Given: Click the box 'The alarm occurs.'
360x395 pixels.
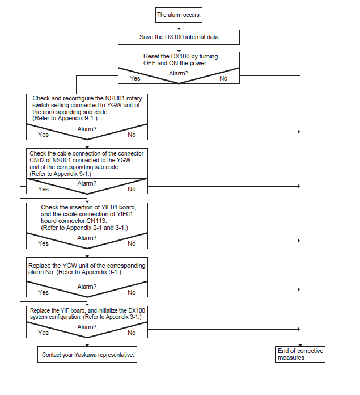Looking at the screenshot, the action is click(x=179, y=15).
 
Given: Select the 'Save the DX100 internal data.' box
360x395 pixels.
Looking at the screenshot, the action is click(x=179, y=37).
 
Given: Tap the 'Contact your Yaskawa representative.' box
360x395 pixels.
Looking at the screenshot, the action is click(x=87, y=355).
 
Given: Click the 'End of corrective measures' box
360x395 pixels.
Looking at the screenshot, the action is click(x=300, y=354).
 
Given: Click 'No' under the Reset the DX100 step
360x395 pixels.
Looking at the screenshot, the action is click(x=223, y=78).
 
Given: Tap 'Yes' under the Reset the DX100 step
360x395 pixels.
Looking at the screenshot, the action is click(x=135, y=78).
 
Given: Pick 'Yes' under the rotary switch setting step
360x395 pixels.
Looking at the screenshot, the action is click(x=43, y=135).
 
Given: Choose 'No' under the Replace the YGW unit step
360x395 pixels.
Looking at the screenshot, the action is click(x=132, y=292).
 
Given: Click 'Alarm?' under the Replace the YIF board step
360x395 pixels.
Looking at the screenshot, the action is click(x=87, y=327).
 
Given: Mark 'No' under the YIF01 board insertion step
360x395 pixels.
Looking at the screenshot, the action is click(x=132, y=243).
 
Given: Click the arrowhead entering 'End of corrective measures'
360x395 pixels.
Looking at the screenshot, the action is click(x=300, y=345).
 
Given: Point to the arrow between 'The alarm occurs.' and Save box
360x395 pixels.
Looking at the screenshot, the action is click(x=179, y=26).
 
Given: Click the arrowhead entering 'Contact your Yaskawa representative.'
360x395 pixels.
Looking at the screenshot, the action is click(x=87, y=344).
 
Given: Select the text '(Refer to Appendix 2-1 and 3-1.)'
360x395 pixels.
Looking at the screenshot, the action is click(x=84, y=228).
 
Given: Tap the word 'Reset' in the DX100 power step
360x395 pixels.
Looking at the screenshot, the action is click(x=151, y=56).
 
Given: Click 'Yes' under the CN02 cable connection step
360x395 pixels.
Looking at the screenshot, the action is click(x=43, y=189).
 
